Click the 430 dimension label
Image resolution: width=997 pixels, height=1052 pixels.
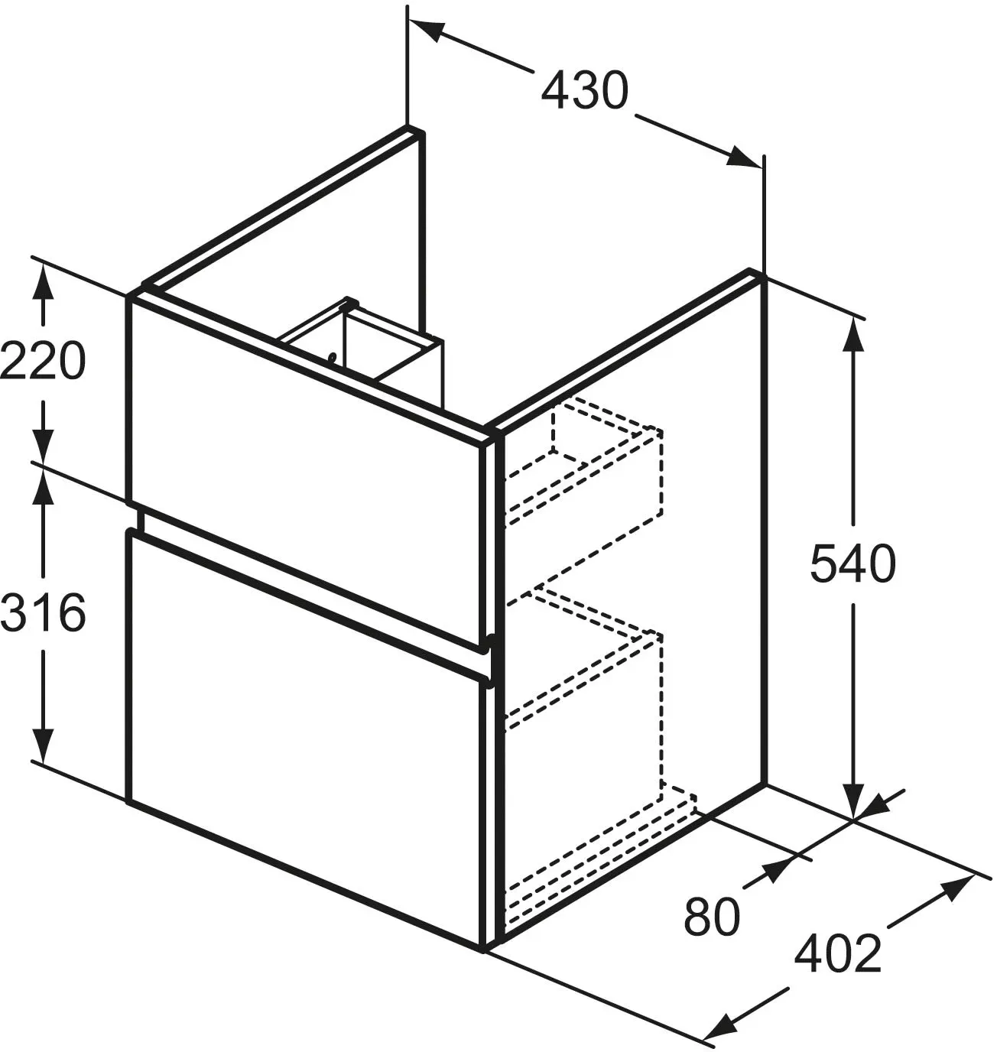click(x=584, y=90)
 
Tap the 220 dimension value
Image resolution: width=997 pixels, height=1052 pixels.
click(x=43, y=361)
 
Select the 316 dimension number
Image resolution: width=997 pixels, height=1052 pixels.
click(x=43, y=612)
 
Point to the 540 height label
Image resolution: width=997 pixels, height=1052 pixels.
click(x=852, y=563)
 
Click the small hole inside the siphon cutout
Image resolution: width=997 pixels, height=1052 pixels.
click(x=333, y=356)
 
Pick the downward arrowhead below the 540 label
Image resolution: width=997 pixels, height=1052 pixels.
click(x=852, y=799)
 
